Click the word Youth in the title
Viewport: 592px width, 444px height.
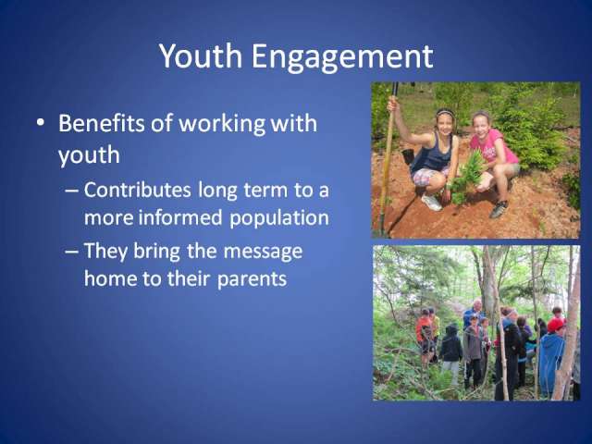(200, 55)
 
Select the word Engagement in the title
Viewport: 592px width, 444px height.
(342, 58)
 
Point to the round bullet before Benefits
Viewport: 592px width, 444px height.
(40, 123)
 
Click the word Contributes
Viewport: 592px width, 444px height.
(137, 190)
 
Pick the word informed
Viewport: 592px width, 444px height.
(180, 217)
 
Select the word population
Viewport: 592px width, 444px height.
(279, 219)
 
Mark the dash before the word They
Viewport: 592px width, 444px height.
(72, 252)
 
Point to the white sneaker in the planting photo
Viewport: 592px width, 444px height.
(432, 203)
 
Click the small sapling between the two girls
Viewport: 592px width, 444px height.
(466, 176)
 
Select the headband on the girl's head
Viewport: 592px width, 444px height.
(446, 112)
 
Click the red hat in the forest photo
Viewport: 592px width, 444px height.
(556, 325)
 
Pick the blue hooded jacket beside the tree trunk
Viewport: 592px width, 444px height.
(550, 363)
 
